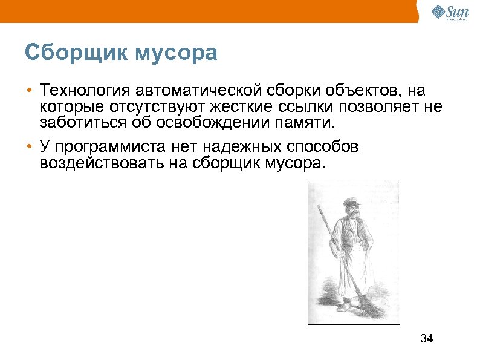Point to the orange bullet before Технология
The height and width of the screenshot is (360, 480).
[x=29, y=91]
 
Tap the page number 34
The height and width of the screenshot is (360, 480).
[x=426, y=338]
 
